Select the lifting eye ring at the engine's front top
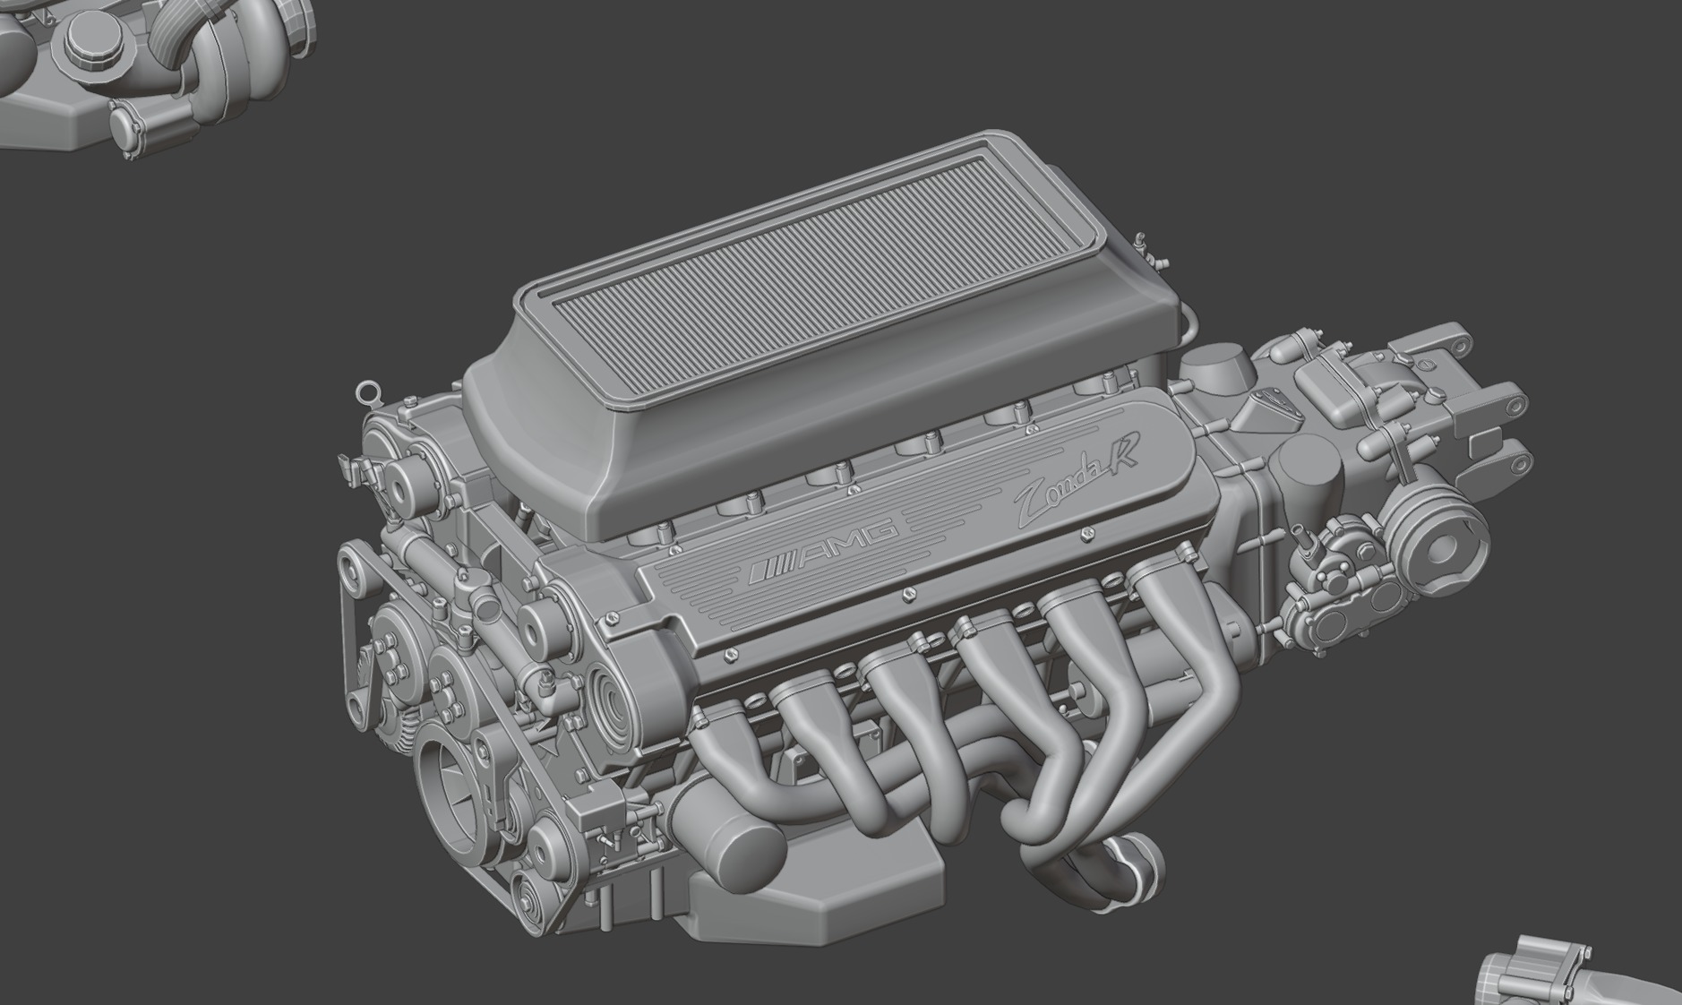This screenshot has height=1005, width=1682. pyautogui.click(x=365, y=391)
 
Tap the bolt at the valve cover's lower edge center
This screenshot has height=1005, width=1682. pyautogui.click(x=907, y=592)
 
